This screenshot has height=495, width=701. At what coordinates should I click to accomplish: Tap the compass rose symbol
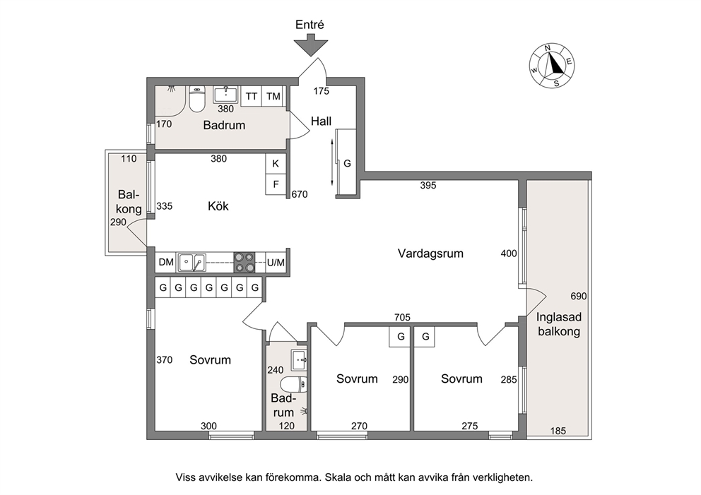click(x=552, y=66)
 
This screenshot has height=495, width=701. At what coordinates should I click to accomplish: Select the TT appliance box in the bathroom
click(x=252, y=97)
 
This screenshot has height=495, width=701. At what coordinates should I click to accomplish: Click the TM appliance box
click(x=273, y=97)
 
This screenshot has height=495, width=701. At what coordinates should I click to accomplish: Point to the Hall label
click(x=321, y=121)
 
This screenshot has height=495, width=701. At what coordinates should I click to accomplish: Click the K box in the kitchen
click(x=276, y=164)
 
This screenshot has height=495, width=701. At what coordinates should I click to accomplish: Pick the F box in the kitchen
click(x=276, y=184)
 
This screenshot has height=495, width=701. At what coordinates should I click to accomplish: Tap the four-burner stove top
click(x=245, y=262)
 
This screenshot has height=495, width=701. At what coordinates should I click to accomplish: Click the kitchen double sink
click(x=192, y=262)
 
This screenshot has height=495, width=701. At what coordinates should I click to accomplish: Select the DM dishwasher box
click(x=166, y=262)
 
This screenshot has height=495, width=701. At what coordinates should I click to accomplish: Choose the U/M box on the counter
click(x=276, y=263)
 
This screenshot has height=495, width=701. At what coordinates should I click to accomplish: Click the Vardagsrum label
click(x=430, y=254)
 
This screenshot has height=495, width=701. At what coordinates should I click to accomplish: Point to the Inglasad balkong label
click(x=559, y=324)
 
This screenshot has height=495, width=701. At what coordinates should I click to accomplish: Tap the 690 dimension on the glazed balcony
click(x=579, y=296)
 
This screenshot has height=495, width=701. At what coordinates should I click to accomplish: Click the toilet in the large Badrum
click(x=196, y=100)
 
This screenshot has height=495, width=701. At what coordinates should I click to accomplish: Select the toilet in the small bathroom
click(x=294, y=383)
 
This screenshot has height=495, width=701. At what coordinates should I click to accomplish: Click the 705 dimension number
click(x=402, y=317)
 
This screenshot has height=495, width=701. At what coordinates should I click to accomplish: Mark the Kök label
click(x=218, y=206)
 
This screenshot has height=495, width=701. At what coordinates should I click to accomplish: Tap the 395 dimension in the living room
click(x=428, y=186)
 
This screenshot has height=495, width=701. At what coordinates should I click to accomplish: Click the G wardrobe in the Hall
click(x=347, y=164)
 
